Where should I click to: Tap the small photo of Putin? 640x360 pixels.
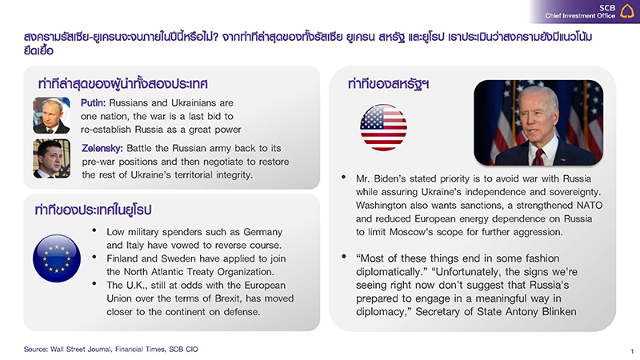click(51, 115)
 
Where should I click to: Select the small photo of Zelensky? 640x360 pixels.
click(51, 158)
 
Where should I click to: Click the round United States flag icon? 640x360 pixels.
click(383, 127)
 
